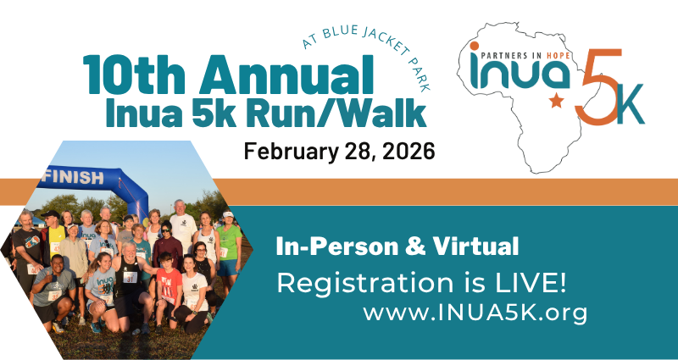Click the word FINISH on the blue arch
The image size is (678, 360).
click(74, 177)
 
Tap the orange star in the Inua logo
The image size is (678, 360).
click(557, 101)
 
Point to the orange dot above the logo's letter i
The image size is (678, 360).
click(475, 47)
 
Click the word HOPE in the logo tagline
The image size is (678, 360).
click(559, 56)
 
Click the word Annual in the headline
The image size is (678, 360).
click(286, 75)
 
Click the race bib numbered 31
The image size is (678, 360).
click(131, 277)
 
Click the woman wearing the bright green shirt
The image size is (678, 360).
click(228, 248)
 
